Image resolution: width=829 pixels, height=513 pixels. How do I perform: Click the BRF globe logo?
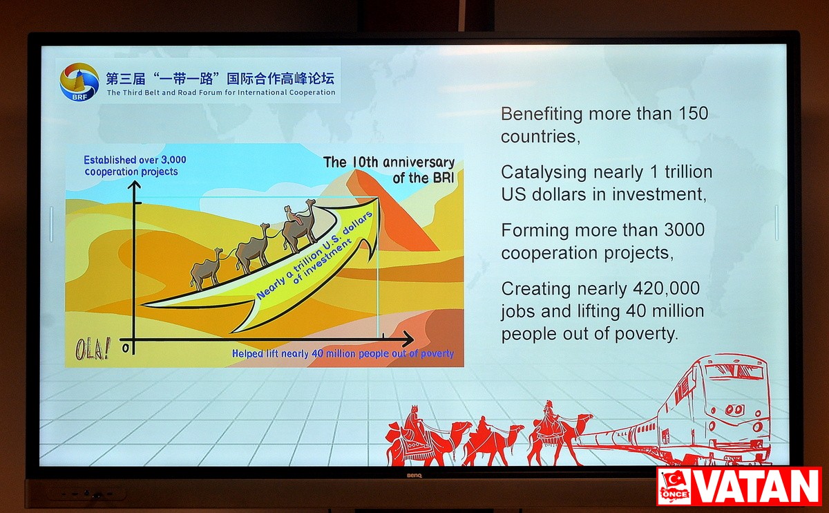pyautogui.click(x=79, y=82)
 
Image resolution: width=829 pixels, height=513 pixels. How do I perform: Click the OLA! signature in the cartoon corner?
pyautogui.click(x=93, y=349)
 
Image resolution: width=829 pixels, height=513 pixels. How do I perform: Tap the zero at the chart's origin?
pyautogui.click(x=126, y=348)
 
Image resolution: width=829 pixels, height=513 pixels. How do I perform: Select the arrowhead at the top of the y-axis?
pyautogui.click(x=134, y=185)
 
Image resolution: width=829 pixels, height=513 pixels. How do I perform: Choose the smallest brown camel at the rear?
pyautogui.click(x=207, y=268)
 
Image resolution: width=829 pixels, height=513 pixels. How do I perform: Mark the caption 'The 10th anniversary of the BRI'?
pyautogui.click(x=388, y=170)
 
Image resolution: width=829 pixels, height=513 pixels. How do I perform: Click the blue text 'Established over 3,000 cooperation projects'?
pyautogui.click(x=135, y=165)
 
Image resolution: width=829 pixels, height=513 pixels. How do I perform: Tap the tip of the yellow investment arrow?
pyautogui.click(x=378, y=198)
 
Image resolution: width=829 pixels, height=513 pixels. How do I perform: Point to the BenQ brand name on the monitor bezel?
pyautogui.click(x=414, y=475)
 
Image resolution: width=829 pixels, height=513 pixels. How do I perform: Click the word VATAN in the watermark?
pyautogui.click(x=755, y=486)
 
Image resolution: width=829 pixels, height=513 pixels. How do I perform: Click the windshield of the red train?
pyautogui.click(x=734, y=371)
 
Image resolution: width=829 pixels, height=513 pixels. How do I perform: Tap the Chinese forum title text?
pyautogui.click(x=220, y=79)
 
